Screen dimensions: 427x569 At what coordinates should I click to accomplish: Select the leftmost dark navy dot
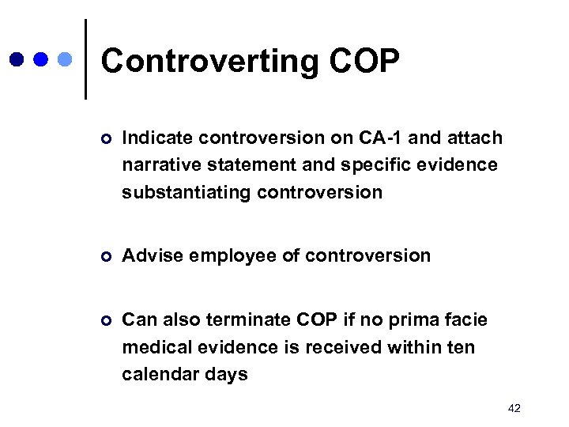(17, 59)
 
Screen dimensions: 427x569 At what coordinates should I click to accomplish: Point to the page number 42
(514, 408)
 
